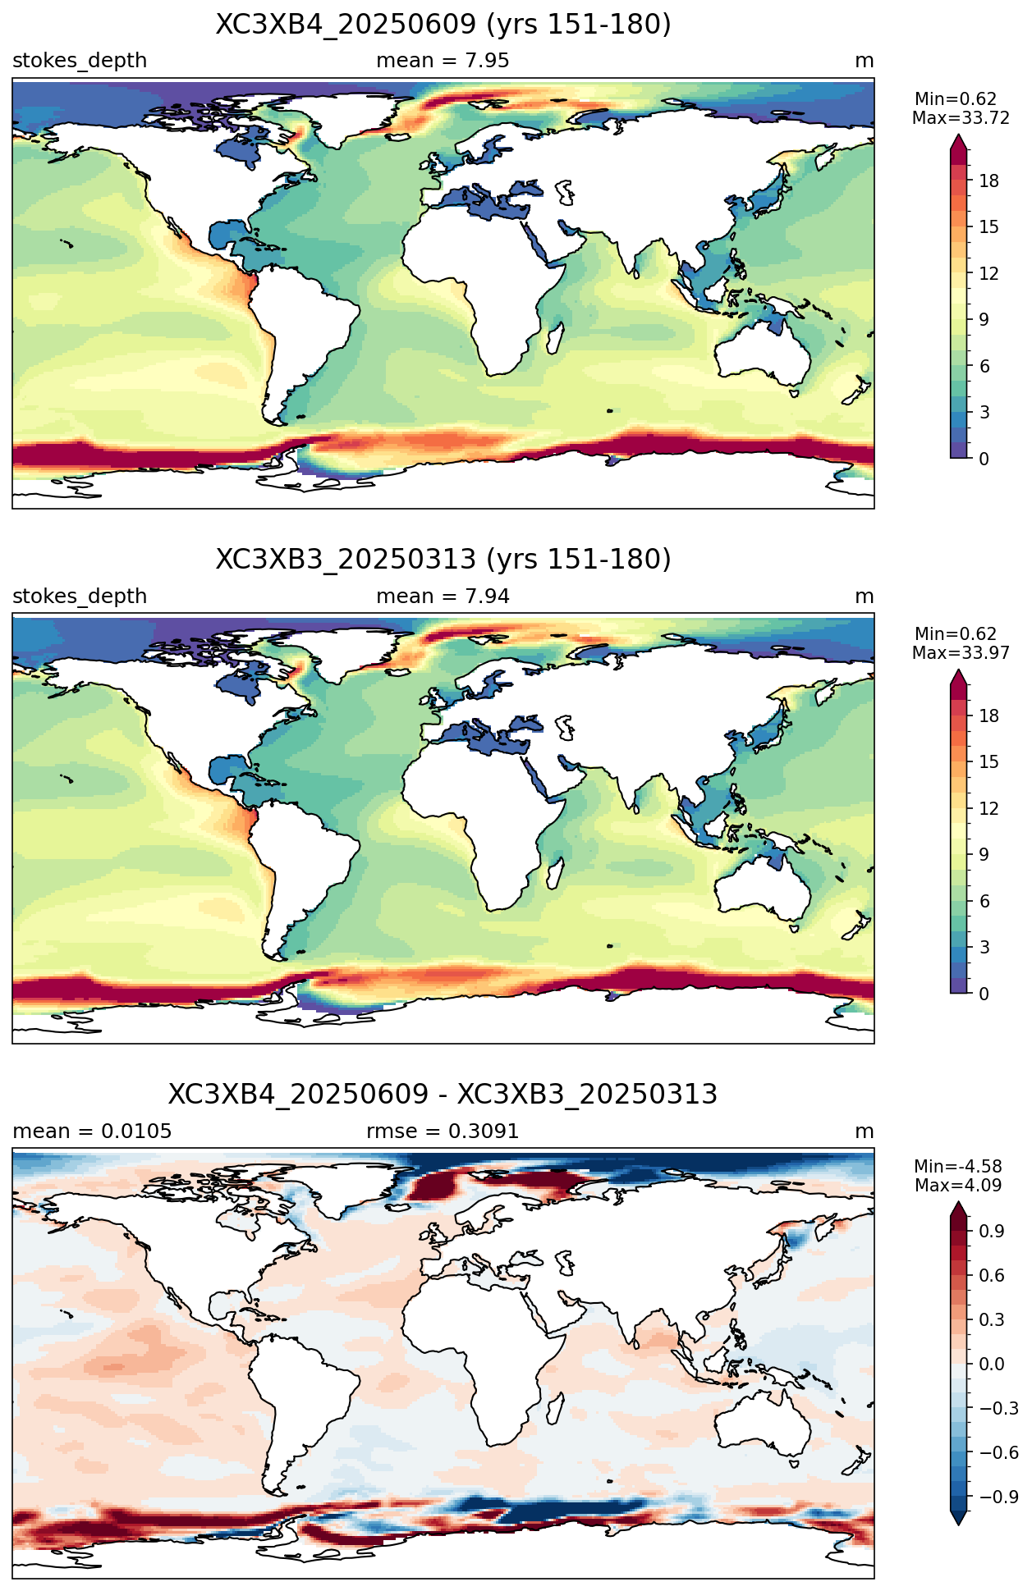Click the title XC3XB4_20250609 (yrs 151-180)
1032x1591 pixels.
pos(443,25)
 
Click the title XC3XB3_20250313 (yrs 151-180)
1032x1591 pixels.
pos(443,560)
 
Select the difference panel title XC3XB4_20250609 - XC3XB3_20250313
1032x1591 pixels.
pos(443,1095)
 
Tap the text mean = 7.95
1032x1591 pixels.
pos(443,61)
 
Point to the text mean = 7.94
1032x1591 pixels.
pos(443,597)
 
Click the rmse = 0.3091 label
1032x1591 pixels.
pos(443,1132)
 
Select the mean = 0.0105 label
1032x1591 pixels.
pos(92,1132)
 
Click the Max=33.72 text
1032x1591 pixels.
pos(961,118)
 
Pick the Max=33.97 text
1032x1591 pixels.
pos(961,653)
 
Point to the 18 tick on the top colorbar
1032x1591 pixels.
pos(989,181)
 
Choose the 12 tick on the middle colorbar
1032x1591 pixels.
pos(989,808)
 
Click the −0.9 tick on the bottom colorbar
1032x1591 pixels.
pos(998,1497)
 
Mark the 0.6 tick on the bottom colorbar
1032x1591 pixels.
pos(992,1275)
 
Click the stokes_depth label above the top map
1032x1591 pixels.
pos(80,62)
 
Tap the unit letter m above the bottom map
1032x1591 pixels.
pos(865,1132)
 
